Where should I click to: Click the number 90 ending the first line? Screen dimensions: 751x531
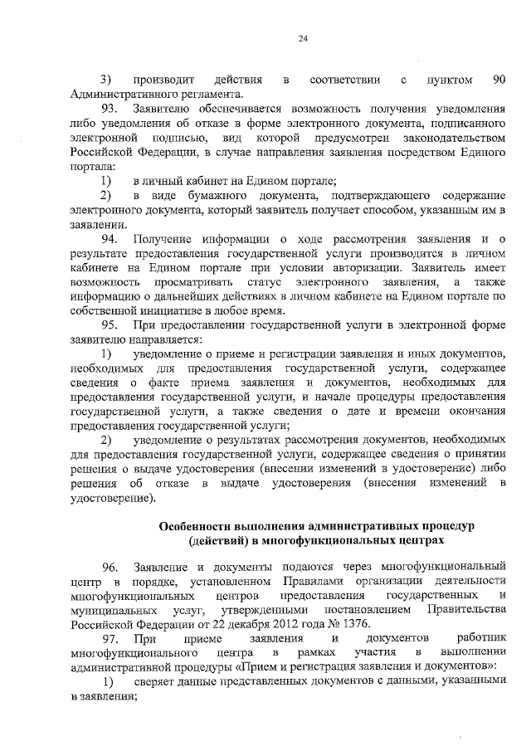499,80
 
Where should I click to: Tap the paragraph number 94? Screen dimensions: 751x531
110,241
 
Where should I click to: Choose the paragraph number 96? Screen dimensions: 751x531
110,567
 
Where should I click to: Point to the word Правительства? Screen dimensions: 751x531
467,610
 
